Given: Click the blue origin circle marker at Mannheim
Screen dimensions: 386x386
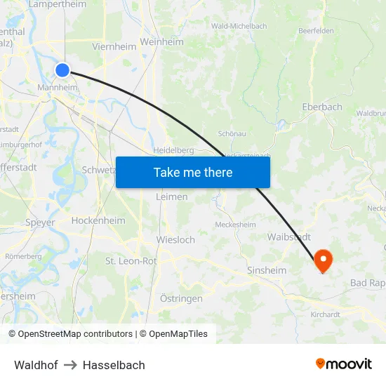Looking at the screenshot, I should coord(62,69).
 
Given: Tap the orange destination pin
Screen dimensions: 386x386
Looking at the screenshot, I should coord(324,261).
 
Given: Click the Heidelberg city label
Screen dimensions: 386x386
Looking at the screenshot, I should coord(173,150).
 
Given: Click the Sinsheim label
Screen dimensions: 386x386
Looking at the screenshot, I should coord(267,270).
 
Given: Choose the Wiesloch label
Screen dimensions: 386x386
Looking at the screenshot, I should coord(175,240).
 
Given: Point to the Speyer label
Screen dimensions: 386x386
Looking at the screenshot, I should coord(40,222).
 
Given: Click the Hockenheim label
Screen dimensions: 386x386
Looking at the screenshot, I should coord(98,220).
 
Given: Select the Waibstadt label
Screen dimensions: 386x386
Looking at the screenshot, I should coord(288,237).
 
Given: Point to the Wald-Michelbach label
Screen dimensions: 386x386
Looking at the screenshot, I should coord(239,26).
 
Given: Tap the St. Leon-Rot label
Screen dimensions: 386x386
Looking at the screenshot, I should coord(131,261).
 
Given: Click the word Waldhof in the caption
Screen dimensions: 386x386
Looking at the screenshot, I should coord(36,365).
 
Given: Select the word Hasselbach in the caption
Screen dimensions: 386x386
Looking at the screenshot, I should coord(114,365).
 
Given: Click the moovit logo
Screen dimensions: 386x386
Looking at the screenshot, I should coord(344,364).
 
